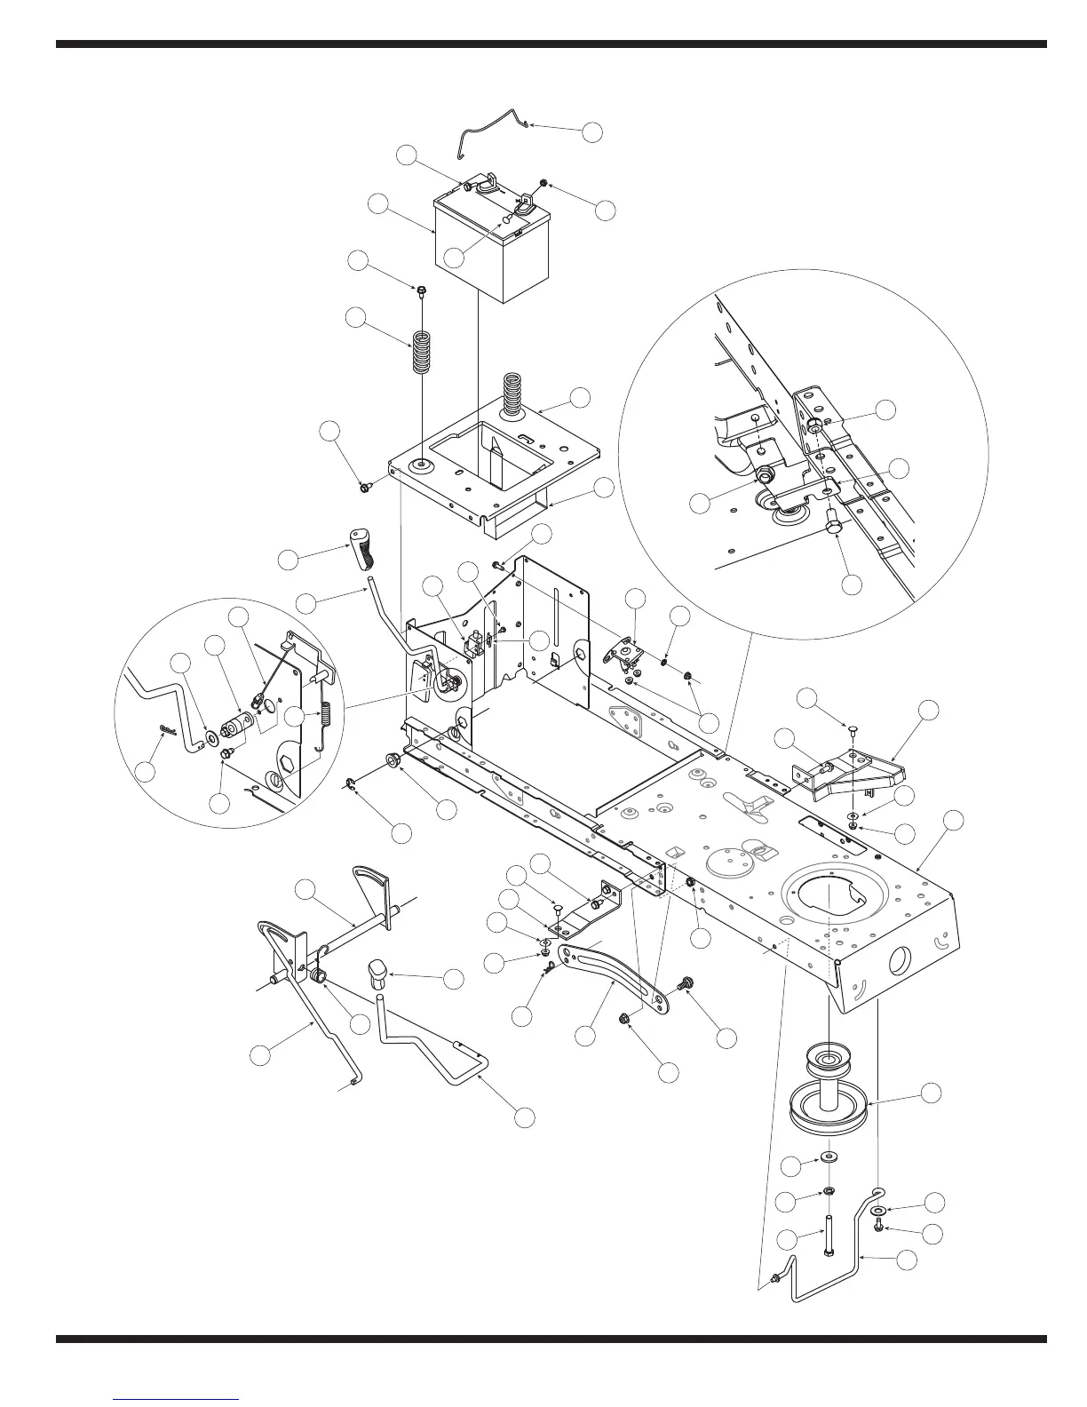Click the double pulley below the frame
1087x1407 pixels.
tap(829, 1092)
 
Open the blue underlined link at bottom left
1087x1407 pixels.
tap(177, 1399)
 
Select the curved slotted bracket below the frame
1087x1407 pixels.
tap(613, 974)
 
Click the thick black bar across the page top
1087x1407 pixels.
tap(551, 43)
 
